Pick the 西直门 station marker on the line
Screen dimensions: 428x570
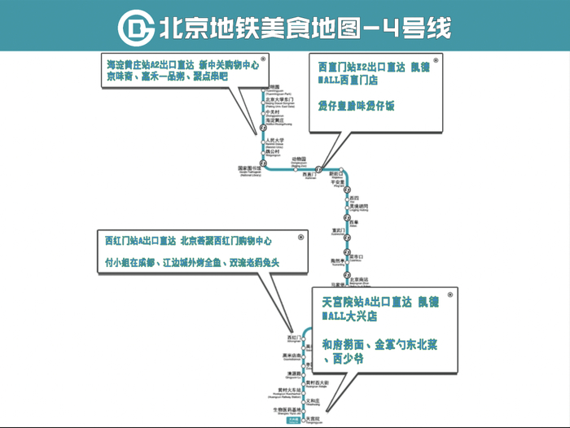click(318, 169)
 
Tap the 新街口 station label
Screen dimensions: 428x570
click(336, 174)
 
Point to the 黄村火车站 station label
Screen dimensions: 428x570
click(286, 392)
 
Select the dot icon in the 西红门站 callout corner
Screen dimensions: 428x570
click(300, 237)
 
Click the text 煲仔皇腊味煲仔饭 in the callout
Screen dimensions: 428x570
click(356, 105)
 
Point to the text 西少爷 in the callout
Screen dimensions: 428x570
click(343, 359)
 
